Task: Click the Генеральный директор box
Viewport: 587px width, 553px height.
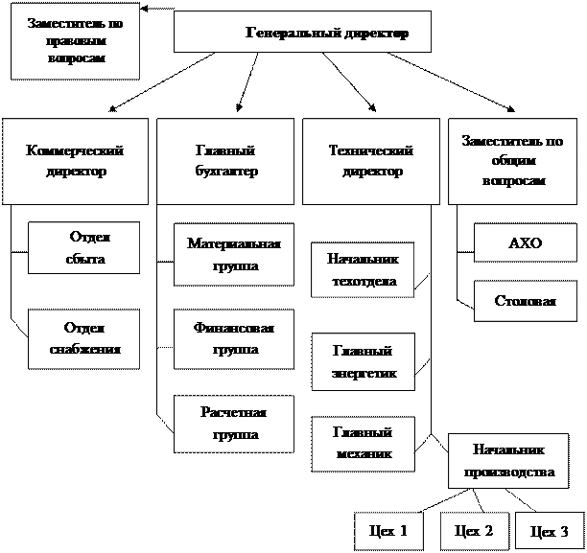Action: [302, 33]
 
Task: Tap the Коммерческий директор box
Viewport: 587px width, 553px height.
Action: [76, 161]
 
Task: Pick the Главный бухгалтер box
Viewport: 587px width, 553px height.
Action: [225, 161]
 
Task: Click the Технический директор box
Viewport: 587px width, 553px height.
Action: [370, 161]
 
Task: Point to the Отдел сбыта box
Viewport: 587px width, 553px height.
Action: [84, 248]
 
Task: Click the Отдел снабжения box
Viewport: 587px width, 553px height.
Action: [84, 338]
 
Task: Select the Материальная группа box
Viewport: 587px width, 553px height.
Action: [234, 255]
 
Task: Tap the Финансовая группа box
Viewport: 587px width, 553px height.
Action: [234, 338]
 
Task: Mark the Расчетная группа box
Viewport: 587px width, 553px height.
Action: [234, 423]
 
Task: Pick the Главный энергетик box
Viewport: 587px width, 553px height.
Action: [363, 361]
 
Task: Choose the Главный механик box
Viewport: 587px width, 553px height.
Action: [363, 444]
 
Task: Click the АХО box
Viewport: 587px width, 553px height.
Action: [524, 243]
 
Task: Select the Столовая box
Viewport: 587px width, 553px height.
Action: [524, 301]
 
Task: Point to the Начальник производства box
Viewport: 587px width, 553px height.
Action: [508, 460]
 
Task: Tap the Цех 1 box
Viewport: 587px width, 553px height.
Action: [387, 531]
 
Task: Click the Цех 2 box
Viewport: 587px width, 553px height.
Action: [473, 530]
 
